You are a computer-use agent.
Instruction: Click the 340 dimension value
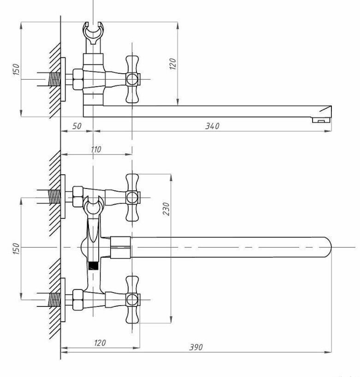212,126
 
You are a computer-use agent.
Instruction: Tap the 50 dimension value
77,126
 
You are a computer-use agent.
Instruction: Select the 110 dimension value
96,149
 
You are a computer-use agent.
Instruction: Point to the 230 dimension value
166,209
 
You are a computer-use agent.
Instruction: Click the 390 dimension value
196,347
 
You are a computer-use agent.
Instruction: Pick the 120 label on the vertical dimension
173,64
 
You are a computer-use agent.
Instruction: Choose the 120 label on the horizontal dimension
100,342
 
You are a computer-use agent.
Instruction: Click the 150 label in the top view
16,69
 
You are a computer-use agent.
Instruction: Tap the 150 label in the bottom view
15,248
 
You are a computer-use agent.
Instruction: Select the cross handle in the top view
132,79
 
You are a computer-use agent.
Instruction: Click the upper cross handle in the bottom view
132,198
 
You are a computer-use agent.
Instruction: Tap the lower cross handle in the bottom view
132,300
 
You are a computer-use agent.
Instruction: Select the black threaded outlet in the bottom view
93,265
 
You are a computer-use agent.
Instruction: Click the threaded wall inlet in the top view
54,79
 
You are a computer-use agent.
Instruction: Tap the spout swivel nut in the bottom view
120,247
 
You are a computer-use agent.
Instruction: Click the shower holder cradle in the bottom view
94,206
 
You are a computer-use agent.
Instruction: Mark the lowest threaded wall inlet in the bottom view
54,300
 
